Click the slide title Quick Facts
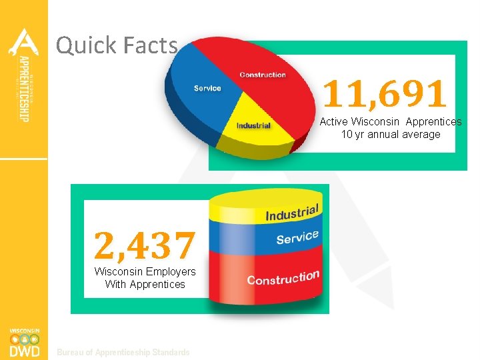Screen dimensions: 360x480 (x=117, y=45)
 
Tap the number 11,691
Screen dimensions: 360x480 (x=385, y=94)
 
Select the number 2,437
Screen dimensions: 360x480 (x=145, y=244)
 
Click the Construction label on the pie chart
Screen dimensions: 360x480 (x=263, y=75)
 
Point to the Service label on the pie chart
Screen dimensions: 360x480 (x=207, y=88)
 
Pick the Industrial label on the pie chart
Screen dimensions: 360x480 (x=253, y=125)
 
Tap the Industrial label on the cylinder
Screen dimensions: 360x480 (x=293, y=212)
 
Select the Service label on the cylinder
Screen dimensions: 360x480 (x=297, y=237)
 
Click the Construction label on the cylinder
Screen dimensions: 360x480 (x=283, y=277)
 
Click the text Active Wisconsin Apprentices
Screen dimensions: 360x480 (x=390, y=122)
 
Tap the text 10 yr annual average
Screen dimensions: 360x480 (x=391, y=134)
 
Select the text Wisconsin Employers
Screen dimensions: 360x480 (x=145, y=271)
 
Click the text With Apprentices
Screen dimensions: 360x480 (x=145, y=284)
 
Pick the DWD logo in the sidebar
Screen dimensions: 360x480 (x=24, y=343)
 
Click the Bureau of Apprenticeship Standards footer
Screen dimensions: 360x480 (x=123, y=352)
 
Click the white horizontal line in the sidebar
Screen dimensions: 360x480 (x=24, y=159)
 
